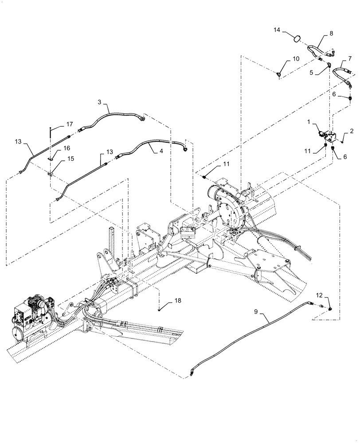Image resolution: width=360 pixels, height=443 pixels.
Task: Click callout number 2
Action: click(x=352, y=132)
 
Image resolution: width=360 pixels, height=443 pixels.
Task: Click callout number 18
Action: click(x=177, y=301)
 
